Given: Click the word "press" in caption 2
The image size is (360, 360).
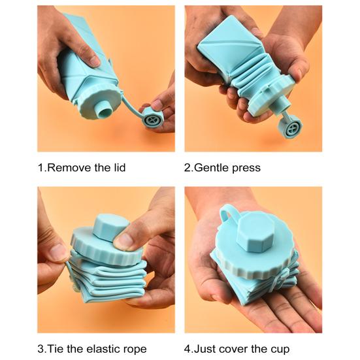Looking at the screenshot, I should coord(248,169).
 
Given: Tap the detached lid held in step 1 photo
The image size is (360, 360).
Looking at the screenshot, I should coord(153,119).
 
